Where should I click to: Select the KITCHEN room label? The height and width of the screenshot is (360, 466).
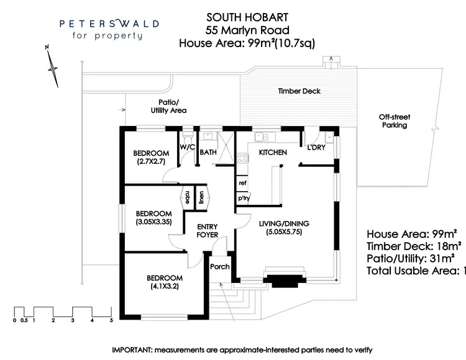(x=272, y=152)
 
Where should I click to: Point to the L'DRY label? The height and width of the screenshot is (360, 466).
(x=317, y=147)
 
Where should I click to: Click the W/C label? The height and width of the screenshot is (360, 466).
(x=187, y=147)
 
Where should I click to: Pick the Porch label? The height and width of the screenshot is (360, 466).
(x=221, y=267)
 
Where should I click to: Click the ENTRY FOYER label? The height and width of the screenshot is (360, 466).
(x=207, y=231)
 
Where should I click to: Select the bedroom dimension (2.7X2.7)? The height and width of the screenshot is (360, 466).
(x=152, y=162)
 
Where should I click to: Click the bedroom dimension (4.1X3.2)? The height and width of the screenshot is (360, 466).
(x=165, y=287)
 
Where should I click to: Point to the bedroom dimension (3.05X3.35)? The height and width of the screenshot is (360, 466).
(x=152, y=220)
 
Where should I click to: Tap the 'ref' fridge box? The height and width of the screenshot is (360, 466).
(x=242, y=183)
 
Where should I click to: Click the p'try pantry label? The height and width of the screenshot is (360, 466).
(x=243, y=199)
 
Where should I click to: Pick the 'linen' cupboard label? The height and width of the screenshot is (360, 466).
(x=201, y=197)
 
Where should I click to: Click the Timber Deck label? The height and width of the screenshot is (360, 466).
(x=299, y=91)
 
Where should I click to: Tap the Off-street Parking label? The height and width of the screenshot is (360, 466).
(x=395, y=121)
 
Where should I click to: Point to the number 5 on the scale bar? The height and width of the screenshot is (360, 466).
(x=111, y=321)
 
